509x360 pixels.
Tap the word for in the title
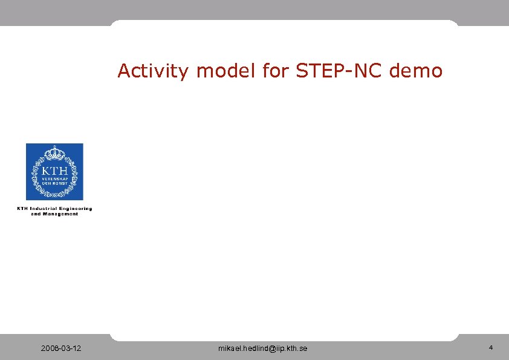[276, 71]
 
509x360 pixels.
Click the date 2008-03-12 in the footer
[62, 349]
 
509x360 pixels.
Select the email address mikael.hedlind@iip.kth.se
[262, 349]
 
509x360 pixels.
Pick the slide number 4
[491, 348]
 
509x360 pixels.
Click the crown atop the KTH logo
[54, 151]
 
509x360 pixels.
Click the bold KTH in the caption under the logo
[22, 209]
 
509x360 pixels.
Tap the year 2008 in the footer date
[48, 349]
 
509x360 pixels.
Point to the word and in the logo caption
[36, 214]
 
